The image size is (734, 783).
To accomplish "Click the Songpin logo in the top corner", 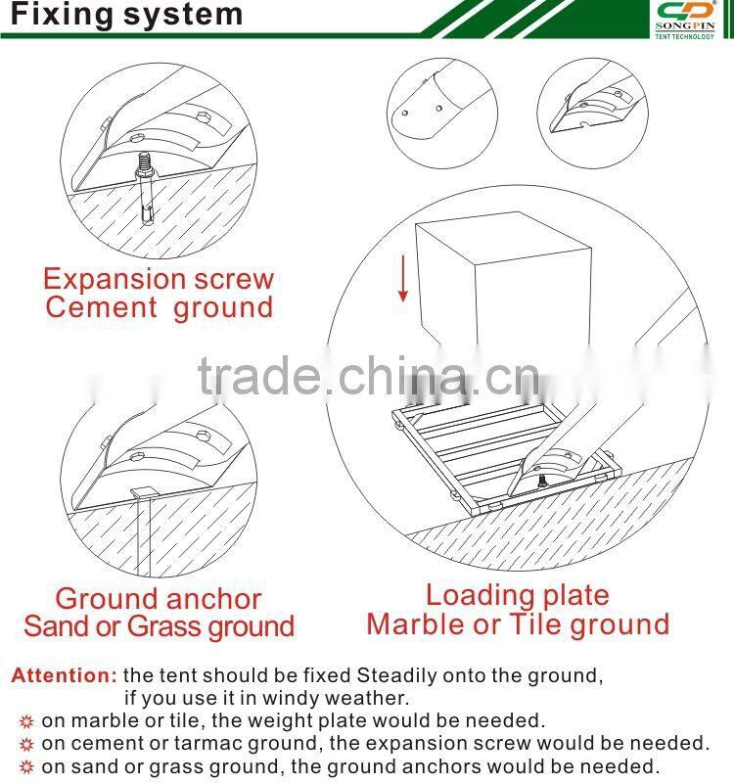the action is (685, 20).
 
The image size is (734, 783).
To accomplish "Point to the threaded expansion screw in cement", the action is (144, 187).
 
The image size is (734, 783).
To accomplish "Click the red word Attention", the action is (64, 675).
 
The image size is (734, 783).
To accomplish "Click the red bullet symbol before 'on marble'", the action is (26, 721).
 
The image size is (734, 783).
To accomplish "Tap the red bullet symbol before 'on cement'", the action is (26, 745).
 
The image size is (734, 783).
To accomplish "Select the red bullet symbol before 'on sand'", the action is (26, 767).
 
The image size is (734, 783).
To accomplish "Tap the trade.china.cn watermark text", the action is (369, 376).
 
